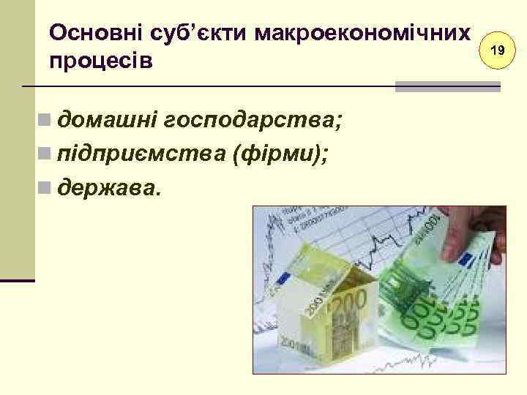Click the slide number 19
[498, 51]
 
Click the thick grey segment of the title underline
[447, 86]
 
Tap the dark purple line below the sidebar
[18, 280]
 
